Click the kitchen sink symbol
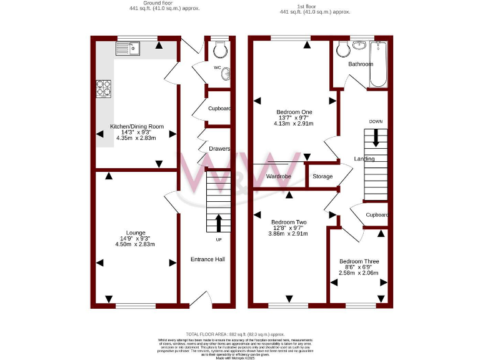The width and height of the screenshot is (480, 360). pyautogui.click(x=129, y=48)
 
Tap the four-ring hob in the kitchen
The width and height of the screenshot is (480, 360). pyautogui.click(x=104, y=89)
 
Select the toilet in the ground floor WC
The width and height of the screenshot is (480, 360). pyautogui.click(x=219, y=49)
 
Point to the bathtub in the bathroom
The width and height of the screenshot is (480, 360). pyautogui.click(x=379, y=64)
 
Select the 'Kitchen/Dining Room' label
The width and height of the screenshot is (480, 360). pyautogui.click(x=137, y=126)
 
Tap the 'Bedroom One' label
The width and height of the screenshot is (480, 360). pyautogui.click(x=294, y=112)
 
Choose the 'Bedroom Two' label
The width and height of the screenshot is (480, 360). pyautogui.click(x=289, y=222)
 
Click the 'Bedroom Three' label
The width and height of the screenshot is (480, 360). pyautogui.click(x=359, y=261)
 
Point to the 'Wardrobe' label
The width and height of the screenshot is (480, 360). pyautogui.click(x=279, y=177)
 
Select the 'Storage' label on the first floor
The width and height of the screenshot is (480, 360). pyautogui.click(x=322, y=177)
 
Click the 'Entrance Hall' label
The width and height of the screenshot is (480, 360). pyautogui.click(x=207, y=259)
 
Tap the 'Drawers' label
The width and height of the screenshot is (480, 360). pyautogui.click(x=220, y=149)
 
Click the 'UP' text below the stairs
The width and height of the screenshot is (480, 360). pyautogui.click(x=217, y=239)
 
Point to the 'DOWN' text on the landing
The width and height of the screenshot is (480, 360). pyautogui.click(x=376, y=121)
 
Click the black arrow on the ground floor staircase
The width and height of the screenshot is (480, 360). pyautogui.click(x=218, y=223)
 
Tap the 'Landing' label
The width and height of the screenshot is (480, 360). pyautogui.click(x=364, y=159)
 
